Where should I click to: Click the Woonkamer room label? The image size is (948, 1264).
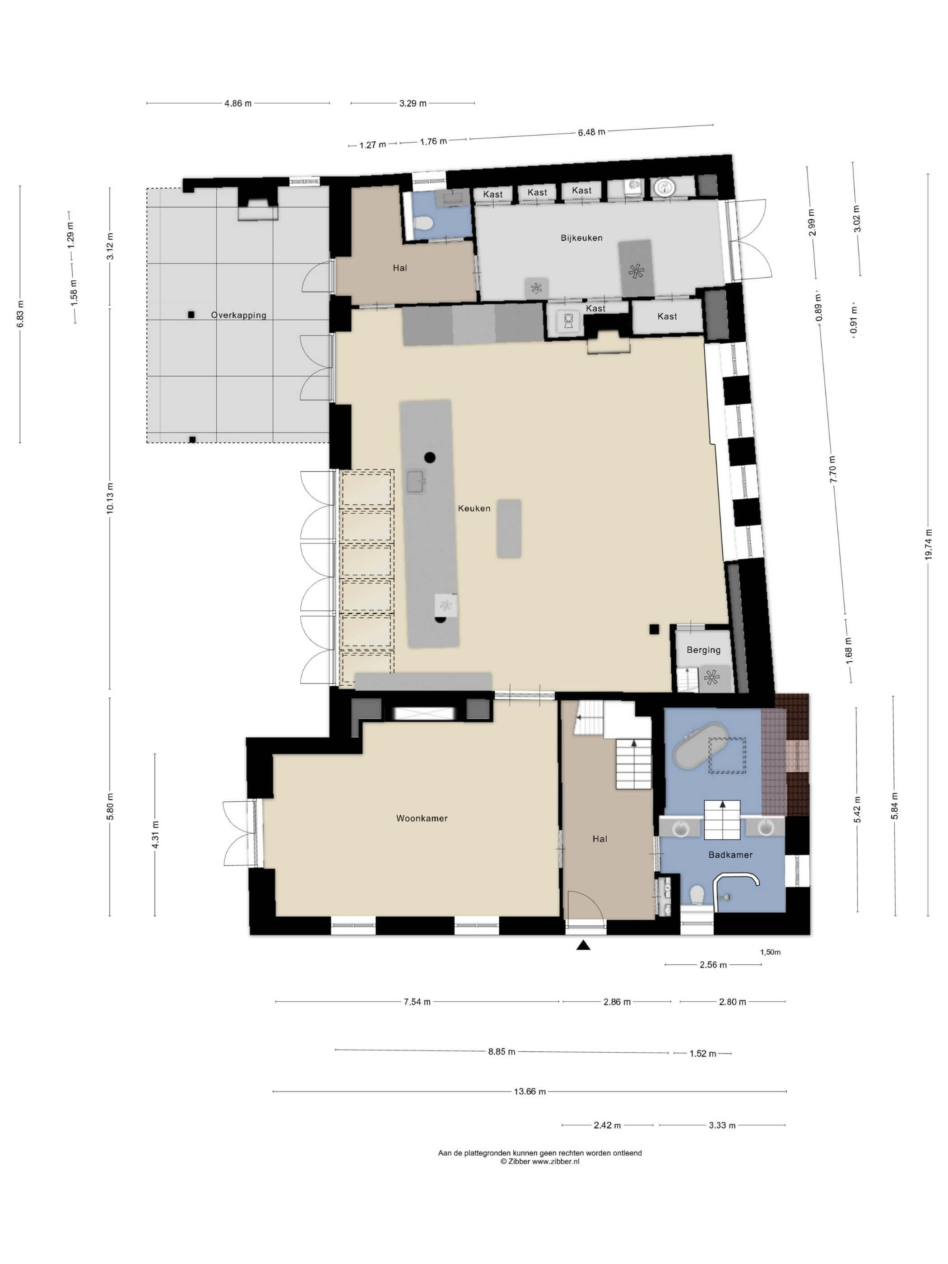coord(422,818)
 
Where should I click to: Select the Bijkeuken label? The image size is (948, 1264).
coord(581,238)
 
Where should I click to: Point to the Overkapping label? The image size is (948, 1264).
coord(238,315)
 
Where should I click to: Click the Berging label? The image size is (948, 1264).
coord(703,650)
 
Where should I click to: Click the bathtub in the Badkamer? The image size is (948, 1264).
coord(700,746)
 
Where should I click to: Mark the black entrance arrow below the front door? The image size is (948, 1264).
coord(583,946)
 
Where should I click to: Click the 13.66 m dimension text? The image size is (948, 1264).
coord(530,1092)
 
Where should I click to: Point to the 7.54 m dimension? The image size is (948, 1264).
coord(417,1002)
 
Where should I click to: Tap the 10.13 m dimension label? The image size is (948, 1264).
coord(110,498)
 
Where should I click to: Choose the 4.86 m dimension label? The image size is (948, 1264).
coord(238,103)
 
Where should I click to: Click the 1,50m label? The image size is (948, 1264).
coord(770,952)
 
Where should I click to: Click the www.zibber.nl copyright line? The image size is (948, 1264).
coord(539,1161)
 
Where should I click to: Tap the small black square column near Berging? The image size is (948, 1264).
coord(654,629)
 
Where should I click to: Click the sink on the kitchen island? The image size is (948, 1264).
coord(416,482)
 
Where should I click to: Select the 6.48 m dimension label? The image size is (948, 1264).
coord(591,132)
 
